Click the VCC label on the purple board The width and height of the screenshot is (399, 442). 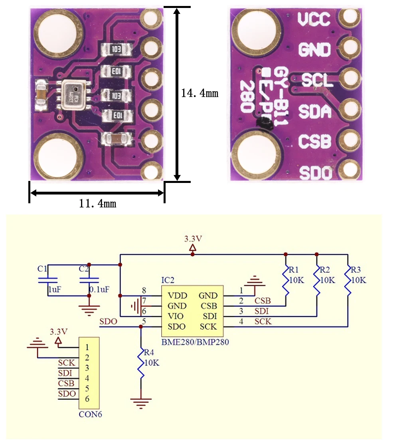(314, 19)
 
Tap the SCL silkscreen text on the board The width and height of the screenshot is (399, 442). (317, 81)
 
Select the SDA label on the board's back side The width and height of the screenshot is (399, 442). (315, 112)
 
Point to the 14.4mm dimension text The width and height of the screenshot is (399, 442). (199, 93)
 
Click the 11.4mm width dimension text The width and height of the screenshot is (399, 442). (98, 204)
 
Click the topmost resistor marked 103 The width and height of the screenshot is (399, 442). (117, 49)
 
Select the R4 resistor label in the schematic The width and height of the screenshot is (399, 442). (149, 352)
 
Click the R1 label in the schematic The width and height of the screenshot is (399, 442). (294, 268)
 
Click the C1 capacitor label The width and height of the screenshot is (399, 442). (43, 268)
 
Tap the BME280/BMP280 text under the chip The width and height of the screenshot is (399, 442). (195, 342)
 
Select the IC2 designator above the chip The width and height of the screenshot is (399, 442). (168, 279)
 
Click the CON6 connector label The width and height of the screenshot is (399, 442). (90, 414)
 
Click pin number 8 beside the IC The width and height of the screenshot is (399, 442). (144, 291)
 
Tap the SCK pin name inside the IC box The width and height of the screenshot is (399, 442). (208, 327)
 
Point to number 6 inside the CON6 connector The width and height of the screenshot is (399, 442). (87, 399)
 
